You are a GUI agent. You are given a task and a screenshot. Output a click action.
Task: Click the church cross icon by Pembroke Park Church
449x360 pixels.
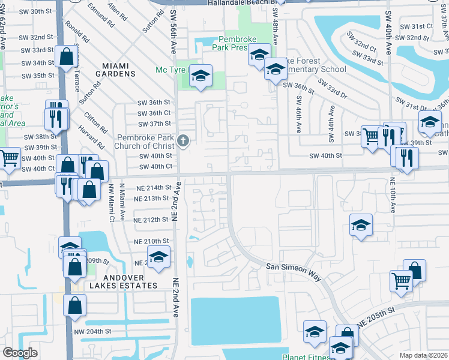coord(183,142)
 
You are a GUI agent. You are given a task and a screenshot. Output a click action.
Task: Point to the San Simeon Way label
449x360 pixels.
coord(294,271)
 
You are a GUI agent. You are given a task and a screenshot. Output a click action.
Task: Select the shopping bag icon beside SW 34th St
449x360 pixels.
coord(67,58)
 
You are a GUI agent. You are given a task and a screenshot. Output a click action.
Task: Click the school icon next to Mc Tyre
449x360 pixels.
coord(202,76)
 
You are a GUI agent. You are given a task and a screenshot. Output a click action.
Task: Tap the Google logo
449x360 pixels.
coord(20,353)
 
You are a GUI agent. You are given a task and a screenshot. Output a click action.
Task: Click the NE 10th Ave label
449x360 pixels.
coord(393,195)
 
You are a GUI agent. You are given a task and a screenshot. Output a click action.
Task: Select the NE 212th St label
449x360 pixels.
coord(151,220)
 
